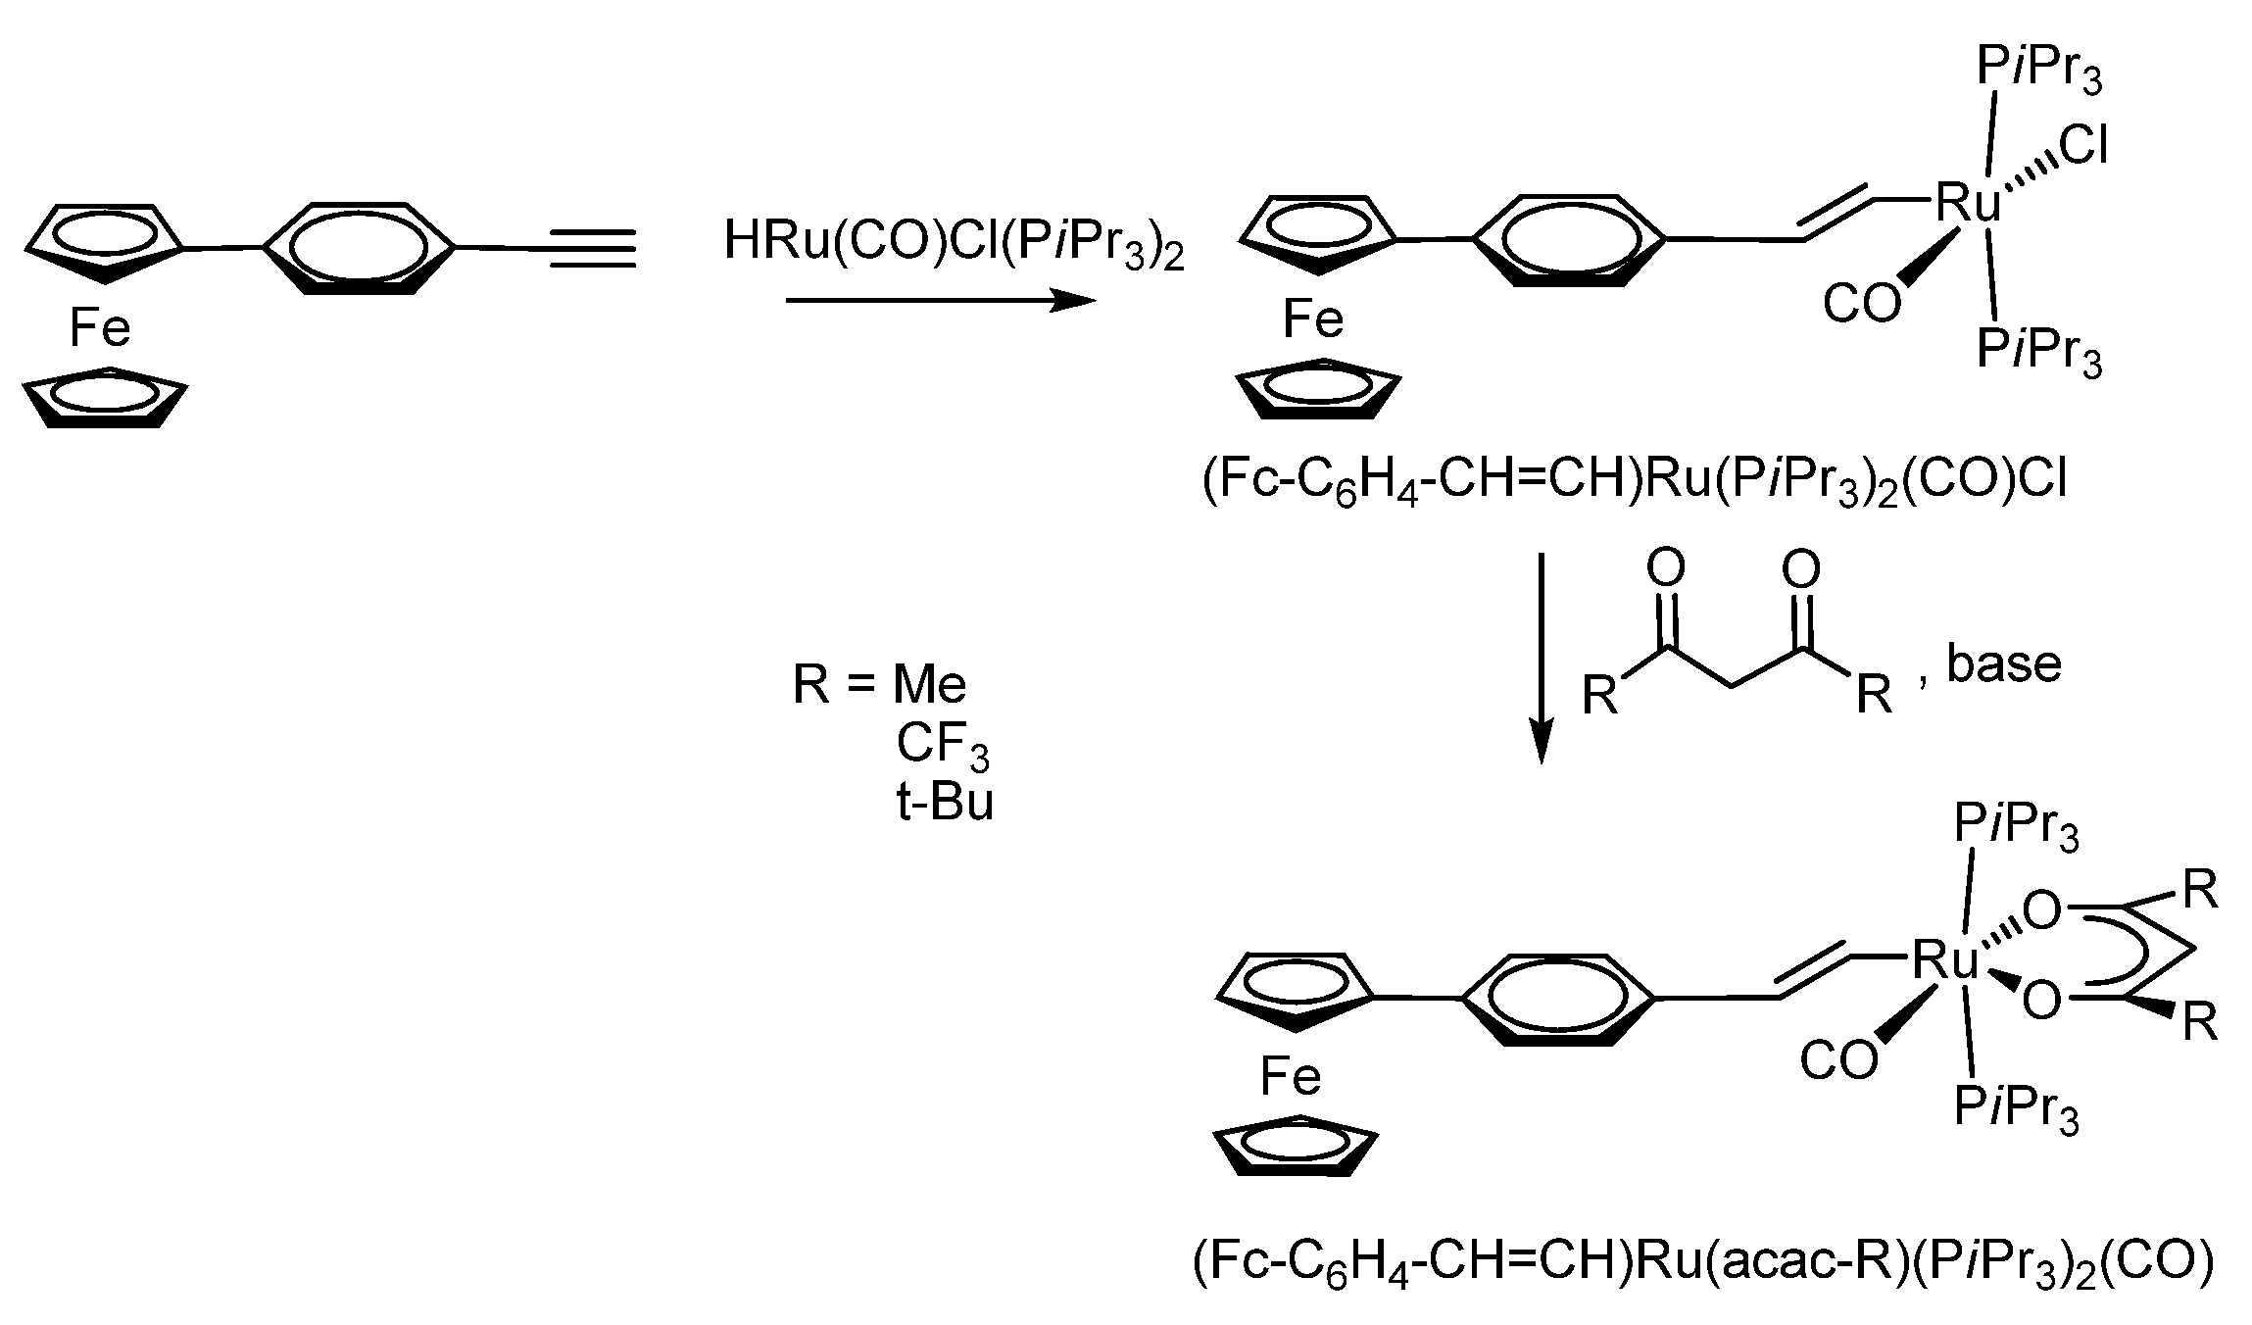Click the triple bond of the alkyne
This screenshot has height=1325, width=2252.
pos(592,249)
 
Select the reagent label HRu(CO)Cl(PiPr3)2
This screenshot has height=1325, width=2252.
pos(953,243)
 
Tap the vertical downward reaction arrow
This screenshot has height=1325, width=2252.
pos(1542,657)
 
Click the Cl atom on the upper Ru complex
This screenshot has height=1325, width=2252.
pos(2082,148)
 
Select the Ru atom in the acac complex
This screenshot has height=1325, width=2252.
pos(1945,961)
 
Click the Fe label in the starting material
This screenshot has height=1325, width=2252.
pos(99,328)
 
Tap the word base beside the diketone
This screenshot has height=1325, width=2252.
pos(2003,665)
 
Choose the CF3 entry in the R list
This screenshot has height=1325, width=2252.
pos(942,745)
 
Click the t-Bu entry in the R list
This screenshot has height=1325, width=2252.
pos(944,803)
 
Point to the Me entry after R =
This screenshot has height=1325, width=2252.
pos(929,684)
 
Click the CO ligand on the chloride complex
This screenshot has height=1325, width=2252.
pos(1861,305)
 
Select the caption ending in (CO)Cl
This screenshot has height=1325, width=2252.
pos(1634,483)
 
